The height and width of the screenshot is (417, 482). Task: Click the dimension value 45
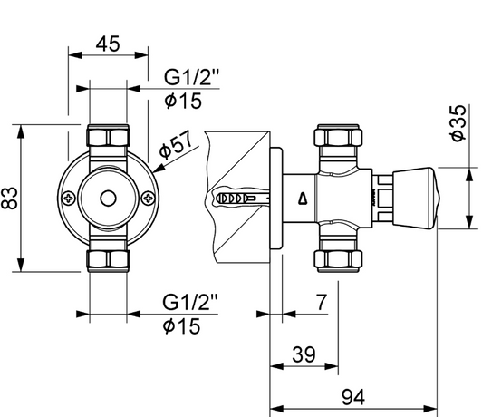point(108,44)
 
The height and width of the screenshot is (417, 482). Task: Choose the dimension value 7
point(323,302)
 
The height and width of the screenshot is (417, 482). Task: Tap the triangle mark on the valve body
point(302,199)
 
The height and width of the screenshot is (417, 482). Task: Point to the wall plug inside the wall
point(237,198)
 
